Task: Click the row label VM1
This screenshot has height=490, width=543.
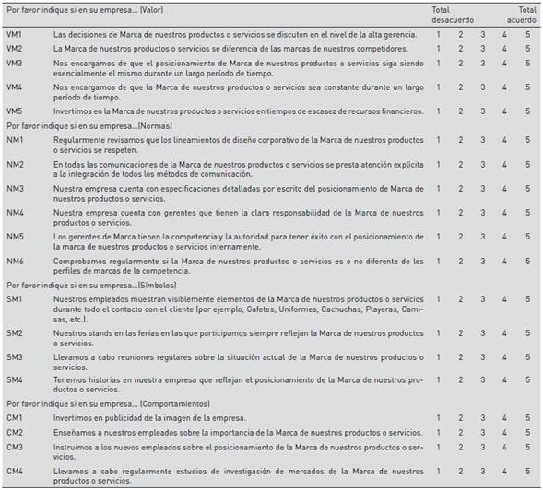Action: (x=15, y=34)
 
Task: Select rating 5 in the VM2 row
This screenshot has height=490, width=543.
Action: (x=527, y=48)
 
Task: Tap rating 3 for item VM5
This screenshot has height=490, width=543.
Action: (x=482, y=111)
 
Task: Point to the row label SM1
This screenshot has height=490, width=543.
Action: (x=15, y=299)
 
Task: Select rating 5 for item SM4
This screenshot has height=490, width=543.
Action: (x=527, y=379)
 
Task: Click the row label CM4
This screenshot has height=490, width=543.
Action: (x=15, y=472)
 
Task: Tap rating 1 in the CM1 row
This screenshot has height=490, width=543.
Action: (x=438, y=418)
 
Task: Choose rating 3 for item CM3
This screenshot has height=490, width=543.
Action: (x=482, y=447)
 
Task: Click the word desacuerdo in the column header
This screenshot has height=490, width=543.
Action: (x=453, y=17)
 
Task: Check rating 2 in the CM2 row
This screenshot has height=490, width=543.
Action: (x=460, y=432)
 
